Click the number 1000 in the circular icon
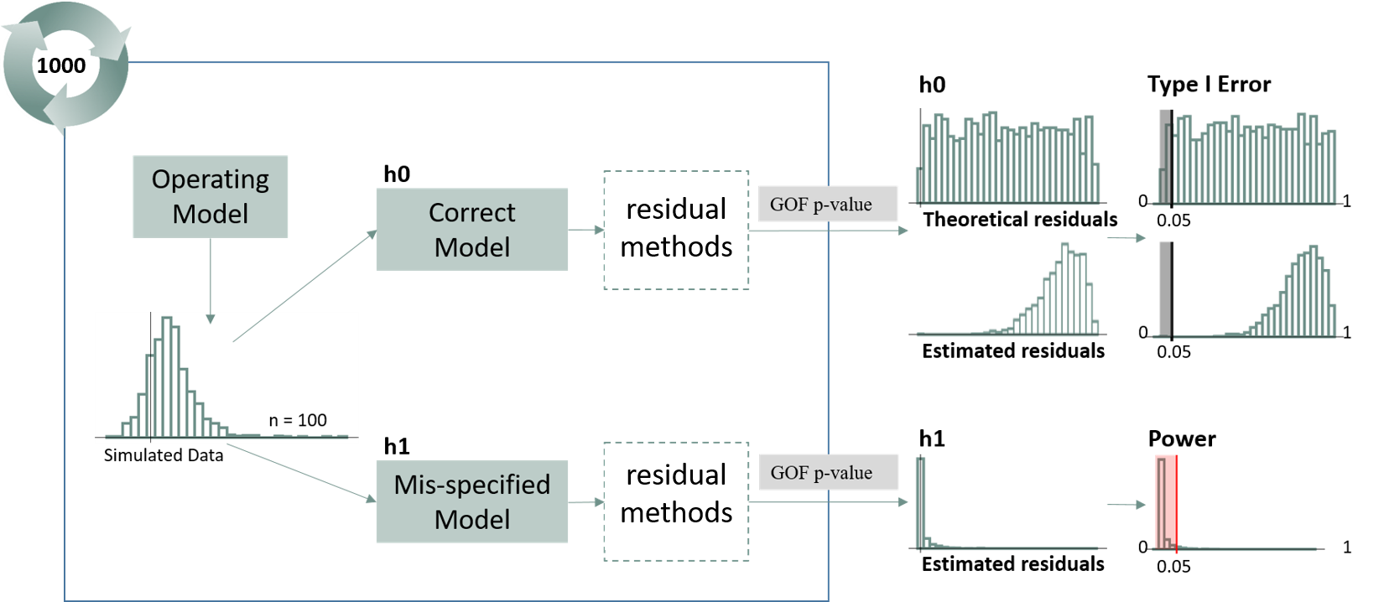point(61,65)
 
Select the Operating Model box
point(211,196)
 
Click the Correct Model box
point(471,229)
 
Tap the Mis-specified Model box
point(471,501)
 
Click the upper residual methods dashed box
point(676,229)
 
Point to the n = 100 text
point(298,420)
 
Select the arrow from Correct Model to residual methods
point(585,229)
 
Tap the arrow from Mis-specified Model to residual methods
point(585,501)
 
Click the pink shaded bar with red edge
point(1166,503)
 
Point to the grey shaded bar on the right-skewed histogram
point(1164,289)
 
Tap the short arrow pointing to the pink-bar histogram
point(1126,505)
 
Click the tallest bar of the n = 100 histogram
point(166,377)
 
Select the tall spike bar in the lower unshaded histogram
point(920,503)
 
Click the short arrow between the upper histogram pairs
point(1126,238)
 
